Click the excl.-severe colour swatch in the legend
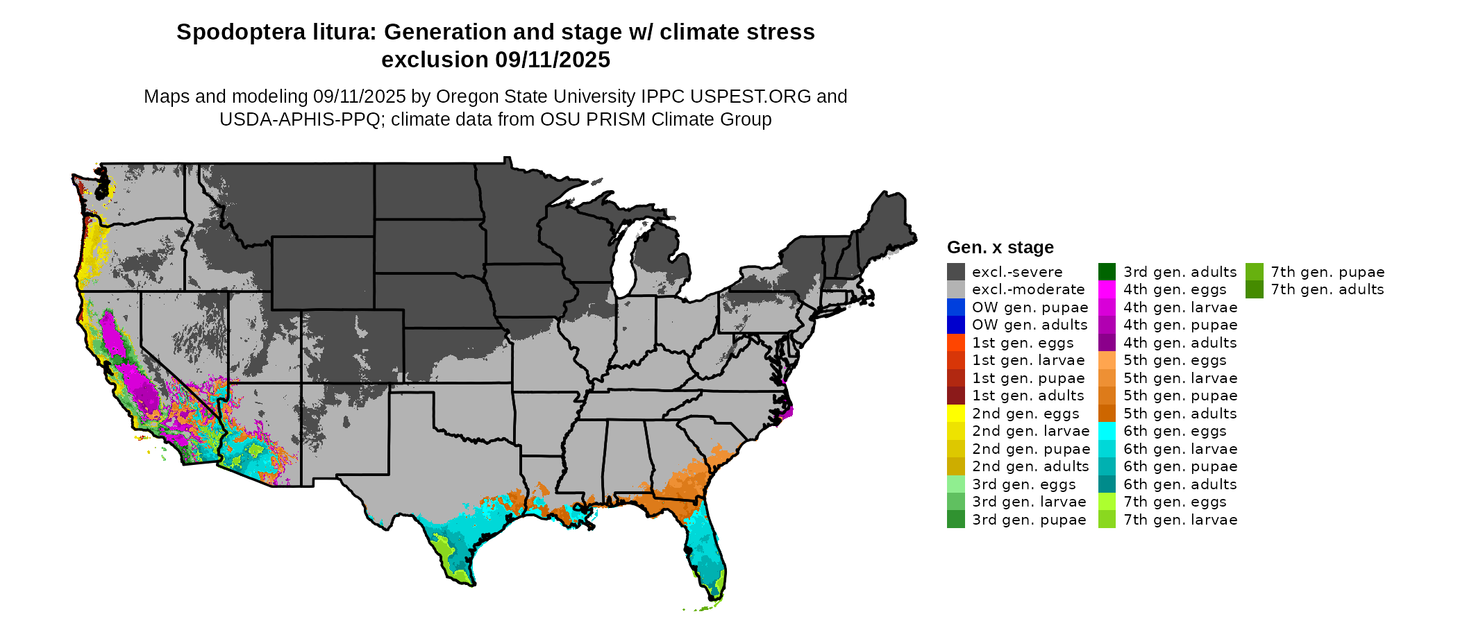coord(955,272)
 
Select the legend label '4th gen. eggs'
coord(1175,289)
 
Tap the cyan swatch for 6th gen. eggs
coord(1107,431)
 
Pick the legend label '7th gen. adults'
coord(1327,289)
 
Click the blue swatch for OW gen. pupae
coord(955,307)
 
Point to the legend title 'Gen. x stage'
coord(1000,248)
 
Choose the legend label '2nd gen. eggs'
coord(1025,414)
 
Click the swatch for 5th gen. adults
coord(1107,414)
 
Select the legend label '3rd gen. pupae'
coord(1028,520)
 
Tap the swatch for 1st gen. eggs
coord(955,343)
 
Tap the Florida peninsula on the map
coord(705,548)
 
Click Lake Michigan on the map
coord(625,260)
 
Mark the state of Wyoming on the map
coord(323,273)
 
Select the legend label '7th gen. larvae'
coord(1180,520)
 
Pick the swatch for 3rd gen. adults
coord(1107,272)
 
